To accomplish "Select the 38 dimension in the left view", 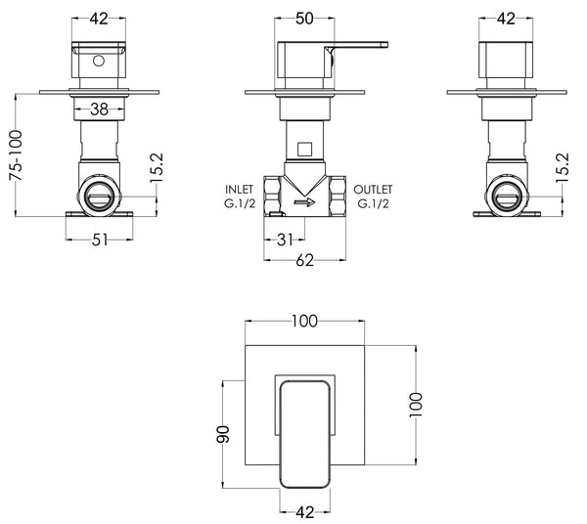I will coord(99,109).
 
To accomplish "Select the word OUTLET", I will coord(374,190).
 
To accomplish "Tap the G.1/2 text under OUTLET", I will coord(374,205).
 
